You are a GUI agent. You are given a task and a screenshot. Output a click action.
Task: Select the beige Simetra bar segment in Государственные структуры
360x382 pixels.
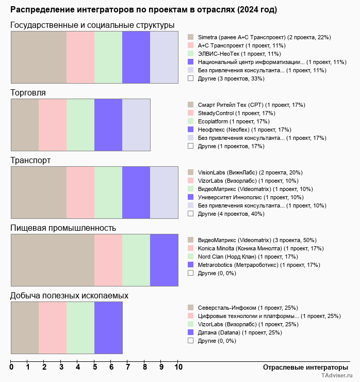(x=39, y=57)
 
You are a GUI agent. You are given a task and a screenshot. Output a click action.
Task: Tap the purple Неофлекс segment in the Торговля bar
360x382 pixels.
(x=108, y=125)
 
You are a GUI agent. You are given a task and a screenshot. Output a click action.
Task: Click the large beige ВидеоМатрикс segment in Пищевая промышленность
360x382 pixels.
(x=53, y=260)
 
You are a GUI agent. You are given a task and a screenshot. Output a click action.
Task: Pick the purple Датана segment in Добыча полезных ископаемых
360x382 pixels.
(x=108, y=328)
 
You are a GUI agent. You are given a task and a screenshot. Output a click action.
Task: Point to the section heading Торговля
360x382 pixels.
(x=28, y=93)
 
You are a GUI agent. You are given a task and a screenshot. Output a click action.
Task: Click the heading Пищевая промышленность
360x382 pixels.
(x=63, y=228)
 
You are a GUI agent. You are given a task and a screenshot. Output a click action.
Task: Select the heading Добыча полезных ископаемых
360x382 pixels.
(x=69, y=296)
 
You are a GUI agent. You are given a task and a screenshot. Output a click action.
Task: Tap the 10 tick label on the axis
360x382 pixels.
(x=178, y=368)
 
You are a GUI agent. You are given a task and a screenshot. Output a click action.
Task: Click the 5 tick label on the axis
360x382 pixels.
(x=95, y=368)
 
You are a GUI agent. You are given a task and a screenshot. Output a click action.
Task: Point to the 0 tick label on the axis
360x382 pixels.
(x=11, y=368)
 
